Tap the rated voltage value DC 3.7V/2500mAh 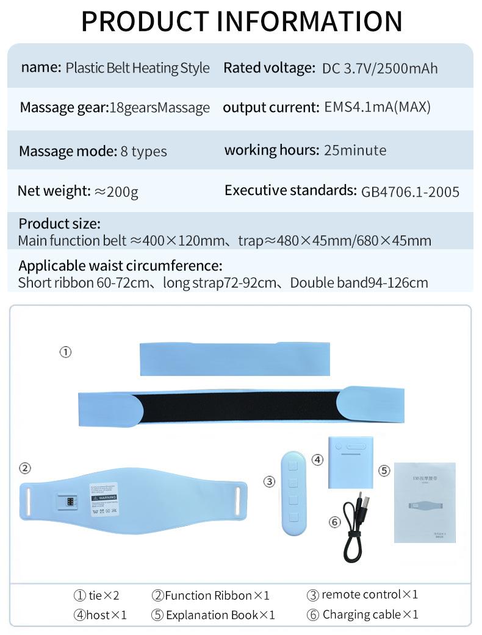379,68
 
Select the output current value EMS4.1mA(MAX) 377,108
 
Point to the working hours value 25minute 355,150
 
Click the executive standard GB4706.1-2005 410,192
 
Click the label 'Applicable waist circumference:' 120,266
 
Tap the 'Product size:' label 59,224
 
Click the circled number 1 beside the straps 65,352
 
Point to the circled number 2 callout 24,468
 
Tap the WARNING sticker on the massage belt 103,497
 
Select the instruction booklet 425,502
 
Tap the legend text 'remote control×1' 370,594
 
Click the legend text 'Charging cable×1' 370,614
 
